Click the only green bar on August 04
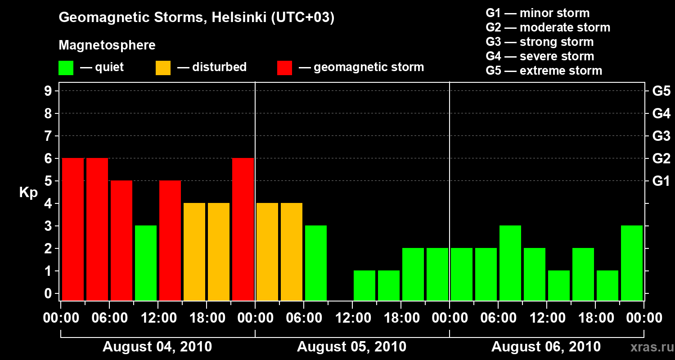pyautogui.click(x=146, y=263)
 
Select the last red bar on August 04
pyautogui.click(x=243, y=229)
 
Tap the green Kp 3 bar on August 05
pyautogui.click(x=316, y=263)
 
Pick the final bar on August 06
pyautogui.click(x=632, y=263)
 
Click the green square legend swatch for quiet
pyautogui.click(x=66, y=68)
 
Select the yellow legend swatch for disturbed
pyautogui.click(x=163, y=68)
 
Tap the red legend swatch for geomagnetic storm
pyautogui.click(x=284, y=68)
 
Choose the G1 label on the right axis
pyautogui.click(x=661, y=181)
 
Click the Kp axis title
pyautogui.click(x=28, y=193)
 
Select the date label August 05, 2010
pyautogui.click(x=351, y=347)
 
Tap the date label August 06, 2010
pyautogui.click(x=546, y=347)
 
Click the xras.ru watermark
pyautogui.click(x=649, y=347)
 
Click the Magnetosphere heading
pyautogui.click(x=107, y=45)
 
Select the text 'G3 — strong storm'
pyautogui.click(x=540, y=42)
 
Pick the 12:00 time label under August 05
pyautogui.click(x=352, y=318)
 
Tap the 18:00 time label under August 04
pyautogui.click(x=206, y=318)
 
